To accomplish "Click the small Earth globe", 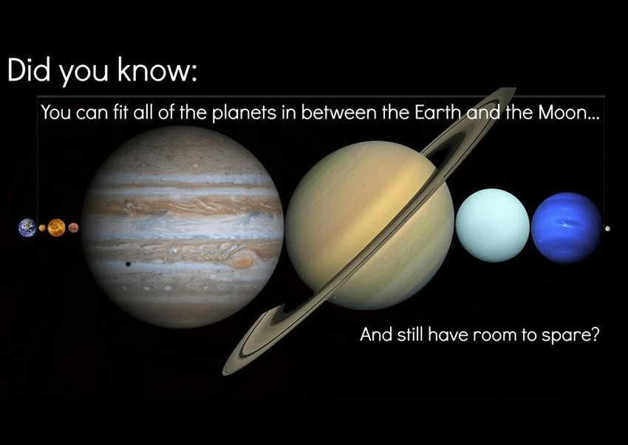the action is [x=27, y=228].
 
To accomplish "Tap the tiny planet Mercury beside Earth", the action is [x=42, y=228].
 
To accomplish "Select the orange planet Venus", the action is [x=56, y=228].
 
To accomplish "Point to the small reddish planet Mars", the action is [x=73, y=228].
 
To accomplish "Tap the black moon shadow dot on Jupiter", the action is [x=128, y=264].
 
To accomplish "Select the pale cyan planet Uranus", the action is [x=493, y=225].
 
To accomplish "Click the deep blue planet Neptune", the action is [x=567, y=228].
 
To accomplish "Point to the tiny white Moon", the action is [x=607, y=228].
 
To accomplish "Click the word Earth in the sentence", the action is [x=437, y=112].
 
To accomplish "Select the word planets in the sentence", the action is [x=244, y=113].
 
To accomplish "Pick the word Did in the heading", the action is [x=29, y=69].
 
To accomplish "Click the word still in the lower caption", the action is [x=410, y=334].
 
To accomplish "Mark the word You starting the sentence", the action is [x=55, y=112].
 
